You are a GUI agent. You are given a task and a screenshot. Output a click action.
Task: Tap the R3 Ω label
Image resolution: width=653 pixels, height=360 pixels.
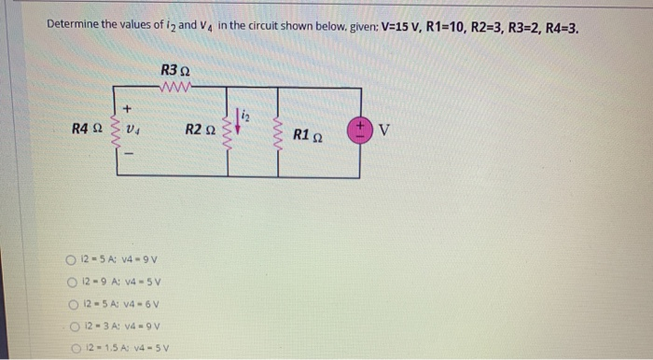point(175,71)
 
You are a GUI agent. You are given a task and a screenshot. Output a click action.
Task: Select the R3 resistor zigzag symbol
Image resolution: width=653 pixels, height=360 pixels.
point(174,90)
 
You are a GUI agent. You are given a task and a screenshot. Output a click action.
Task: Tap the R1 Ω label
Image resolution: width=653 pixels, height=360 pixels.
point(307,135)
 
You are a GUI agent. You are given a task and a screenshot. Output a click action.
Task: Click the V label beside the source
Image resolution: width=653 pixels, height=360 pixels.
point(383,130)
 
